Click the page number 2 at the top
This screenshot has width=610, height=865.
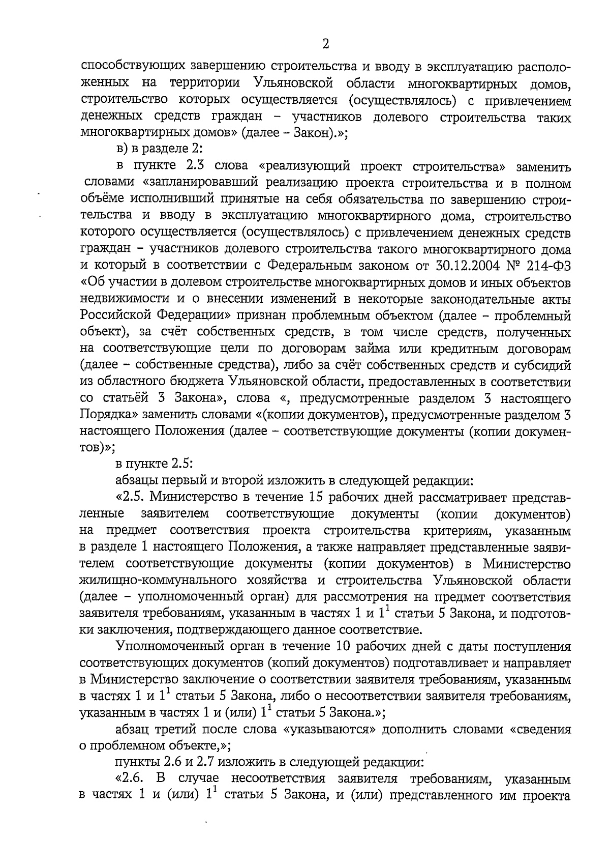pos(325,44)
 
